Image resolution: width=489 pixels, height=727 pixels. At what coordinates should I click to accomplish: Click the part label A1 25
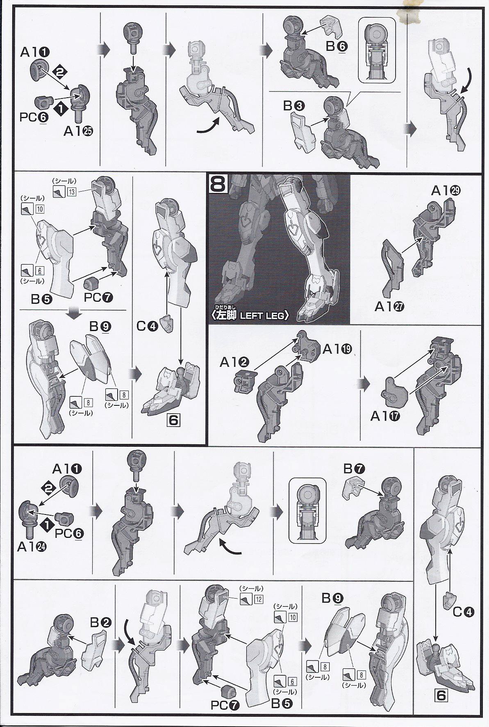click(x=79, y=131)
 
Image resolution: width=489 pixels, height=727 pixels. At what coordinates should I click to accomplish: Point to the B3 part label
click(x=294, y=106)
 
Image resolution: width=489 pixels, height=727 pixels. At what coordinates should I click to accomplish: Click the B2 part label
click(x=100, y=623)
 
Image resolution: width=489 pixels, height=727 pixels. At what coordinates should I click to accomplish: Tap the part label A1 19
click(x=338, y=349)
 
